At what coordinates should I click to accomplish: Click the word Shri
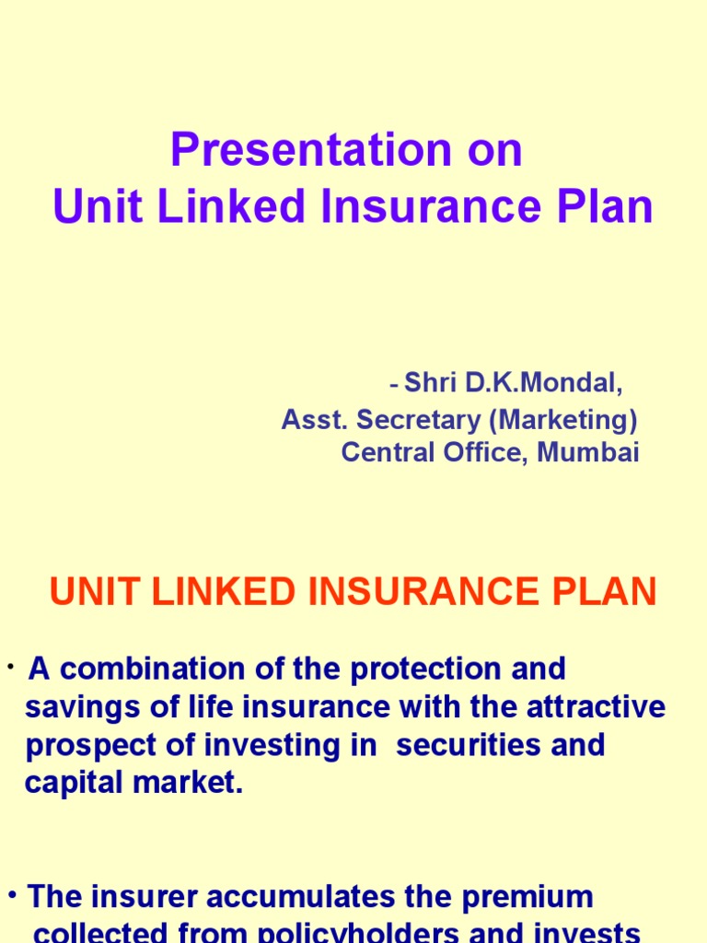[432, 383]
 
